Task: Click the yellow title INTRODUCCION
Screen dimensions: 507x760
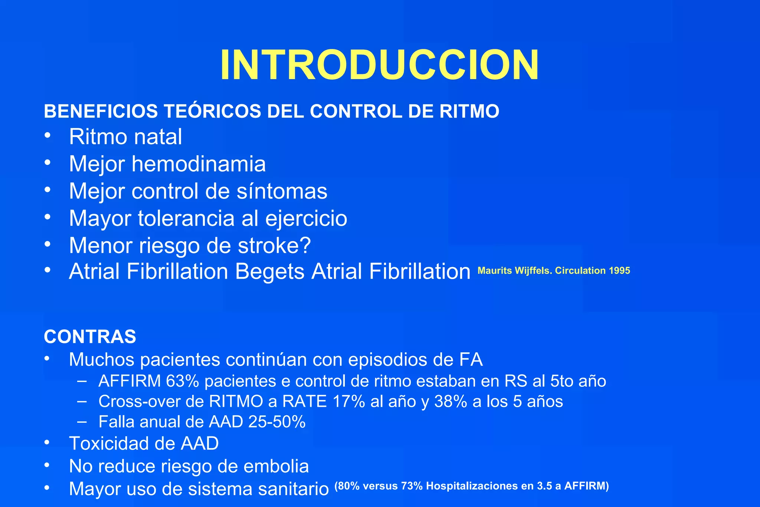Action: click(x=379, y=65)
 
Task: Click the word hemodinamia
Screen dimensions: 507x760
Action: click(x=199, y=164)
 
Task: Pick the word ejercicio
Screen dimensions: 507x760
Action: click(x=306, y=218)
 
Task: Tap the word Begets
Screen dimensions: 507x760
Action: click(x=270, y=271)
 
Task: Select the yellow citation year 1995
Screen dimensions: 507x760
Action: click(x=619, y=271)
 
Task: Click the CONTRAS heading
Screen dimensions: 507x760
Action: click(x=90, y=337)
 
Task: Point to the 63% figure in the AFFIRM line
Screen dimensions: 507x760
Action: click(x=183, y=381)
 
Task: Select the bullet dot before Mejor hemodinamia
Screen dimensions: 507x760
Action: click(x=47, y=162)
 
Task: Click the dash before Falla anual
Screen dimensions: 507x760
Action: click(x=82, y=422)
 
